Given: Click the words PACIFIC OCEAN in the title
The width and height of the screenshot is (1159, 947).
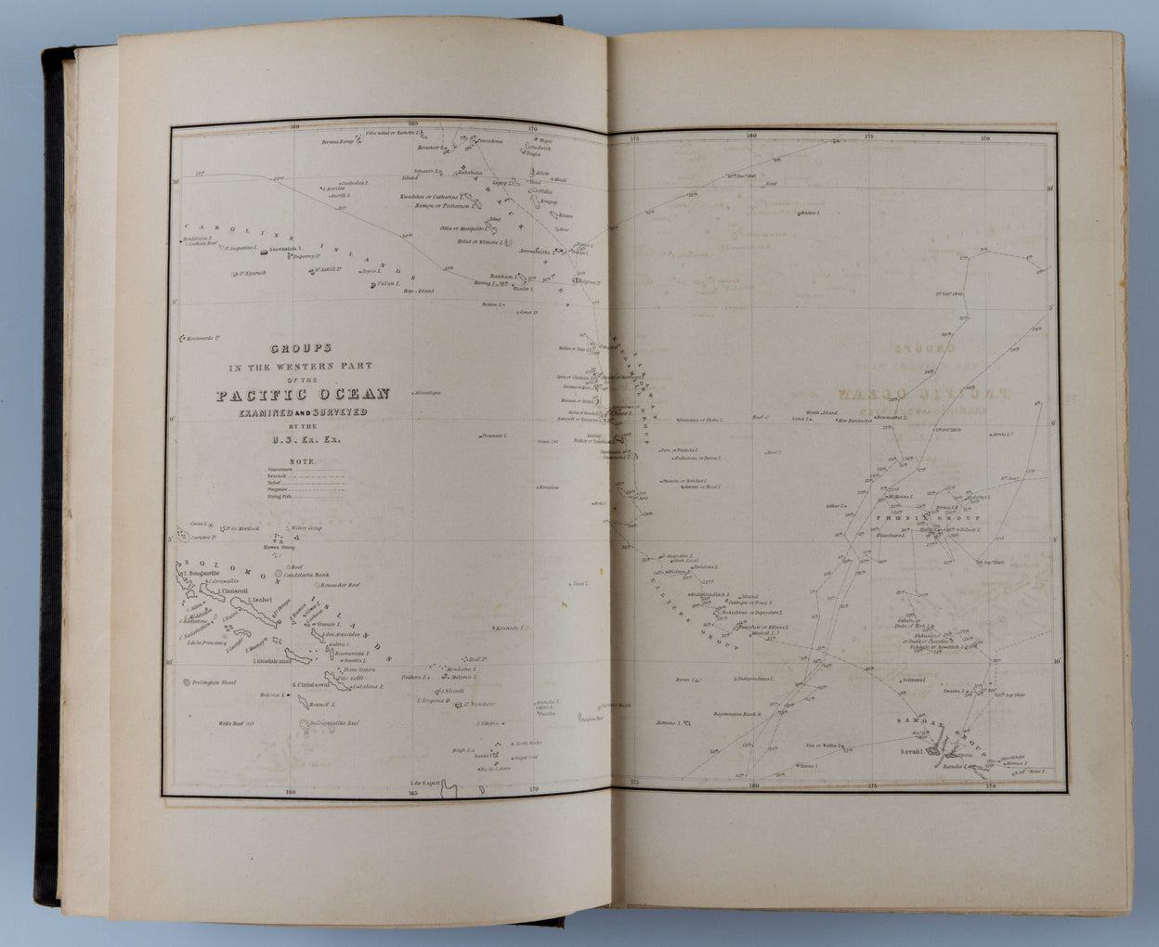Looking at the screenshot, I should click(303, 395).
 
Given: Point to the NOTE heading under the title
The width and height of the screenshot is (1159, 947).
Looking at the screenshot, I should click(303, 461).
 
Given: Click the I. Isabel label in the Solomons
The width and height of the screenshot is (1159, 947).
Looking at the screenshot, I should click(256, 600).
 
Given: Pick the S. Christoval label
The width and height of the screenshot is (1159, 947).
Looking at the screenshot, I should click(306, 685).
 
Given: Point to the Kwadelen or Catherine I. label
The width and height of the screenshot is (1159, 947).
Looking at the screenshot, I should click(430, 197).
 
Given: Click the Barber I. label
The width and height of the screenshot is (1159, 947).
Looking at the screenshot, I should click(810, 214).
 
